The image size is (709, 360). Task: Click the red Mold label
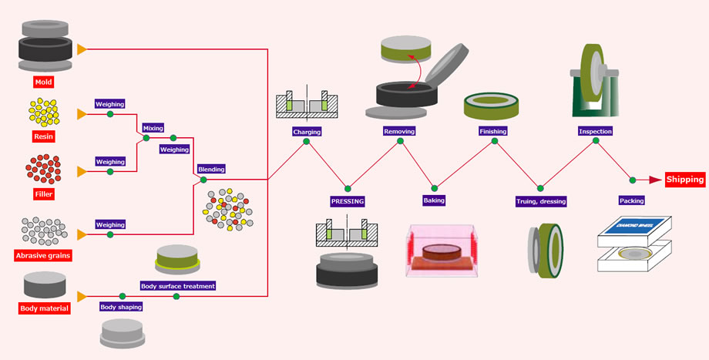44,81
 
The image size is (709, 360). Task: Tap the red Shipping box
685,180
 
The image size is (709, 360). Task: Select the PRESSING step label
347,201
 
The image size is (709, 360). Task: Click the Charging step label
306,132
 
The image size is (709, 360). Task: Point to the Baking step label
434,200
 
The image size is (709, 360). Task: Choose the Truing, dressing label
541,201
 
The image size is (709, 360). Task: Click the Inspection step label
595,131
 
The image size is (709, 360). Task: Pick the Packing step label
632,200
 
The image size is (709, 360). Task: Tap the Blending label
211,169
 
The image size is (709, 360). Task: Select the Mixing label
153,127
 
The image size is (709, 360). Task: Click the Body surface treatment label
178,285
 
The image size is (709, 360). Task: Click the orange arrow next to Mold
82,49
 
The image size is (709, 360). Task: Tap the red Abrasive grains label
44,254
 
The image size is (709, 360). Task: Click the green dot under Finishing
492,143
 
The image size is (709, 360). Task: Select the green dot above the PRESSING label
348,187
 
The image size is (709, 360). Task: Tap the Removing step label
399,131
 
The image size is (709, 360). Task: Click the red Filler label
44,193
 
